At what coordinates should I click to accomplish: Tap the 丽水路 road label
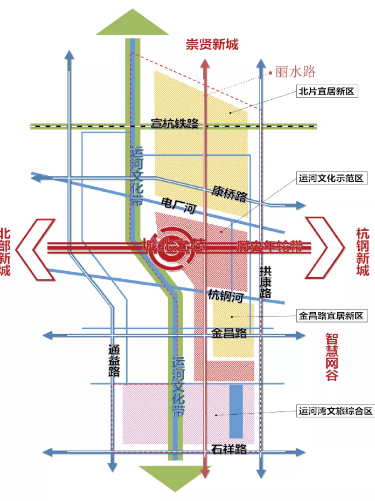point(295,71)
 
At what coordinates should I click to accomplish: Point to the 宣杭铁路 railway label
point(175,124)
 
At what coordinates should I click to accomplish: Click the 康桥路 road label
point(229,194)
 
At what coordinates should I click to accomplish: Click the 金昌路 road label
point(229,333)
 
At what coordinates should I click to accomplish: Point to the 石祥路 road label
point(229,449)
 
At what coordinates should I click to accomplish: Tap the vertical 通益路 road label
point(114,360)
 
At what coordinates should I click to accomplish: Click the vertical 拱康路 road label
point(265,282)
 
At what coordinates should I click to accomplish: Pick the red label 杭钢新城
point(363,252)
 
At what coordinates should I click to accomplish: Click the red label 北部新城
point(6,252)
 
